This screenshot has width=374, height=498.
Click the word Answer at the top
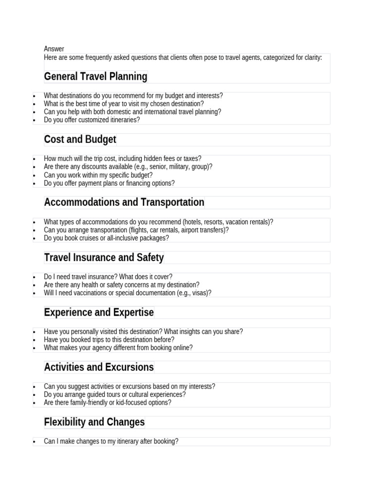54,49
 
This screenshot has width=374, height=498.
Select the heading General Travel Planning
95,76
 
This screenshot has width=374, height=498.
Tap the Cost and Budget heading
80,140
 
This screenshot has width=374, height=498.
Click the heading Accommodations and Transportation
124,202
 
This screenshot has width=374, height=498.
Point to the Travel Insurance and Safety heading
104,257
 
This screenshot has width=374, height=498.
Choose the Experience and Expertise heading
99,312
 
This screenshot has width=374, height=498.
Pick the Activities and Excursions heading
99,367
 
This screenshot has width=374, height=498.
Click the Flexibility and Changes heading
94,422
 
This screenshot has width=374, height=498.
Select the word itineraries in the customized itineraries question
124,120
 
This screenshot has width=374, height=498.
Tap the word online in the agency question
182,348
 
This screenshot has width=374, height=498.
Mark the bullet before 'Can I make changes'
35,442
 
